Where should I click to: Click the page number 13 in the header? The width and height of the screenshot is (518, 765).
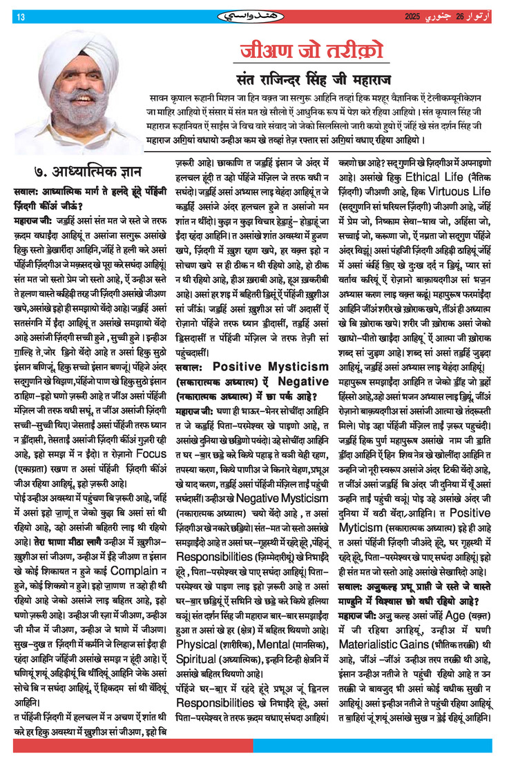coord(21,17)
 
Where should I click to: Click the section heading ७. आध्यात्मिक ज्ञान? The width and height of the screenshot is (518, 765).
coord(82,170)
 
